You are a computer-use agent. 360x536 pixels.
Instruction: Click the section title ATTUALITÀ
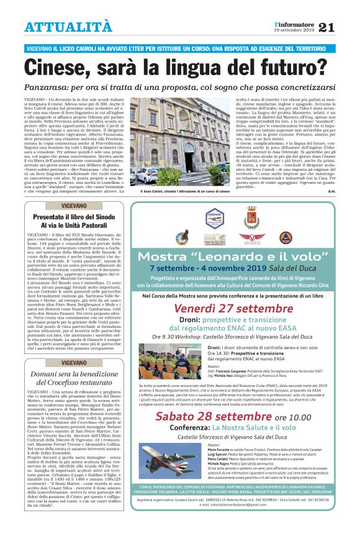[68, 27]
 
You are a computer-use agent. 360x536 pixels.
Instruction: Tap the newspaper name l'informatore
[294, 22]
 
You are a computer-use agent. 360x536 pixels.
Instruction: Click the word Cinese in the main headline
[63, 67]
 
